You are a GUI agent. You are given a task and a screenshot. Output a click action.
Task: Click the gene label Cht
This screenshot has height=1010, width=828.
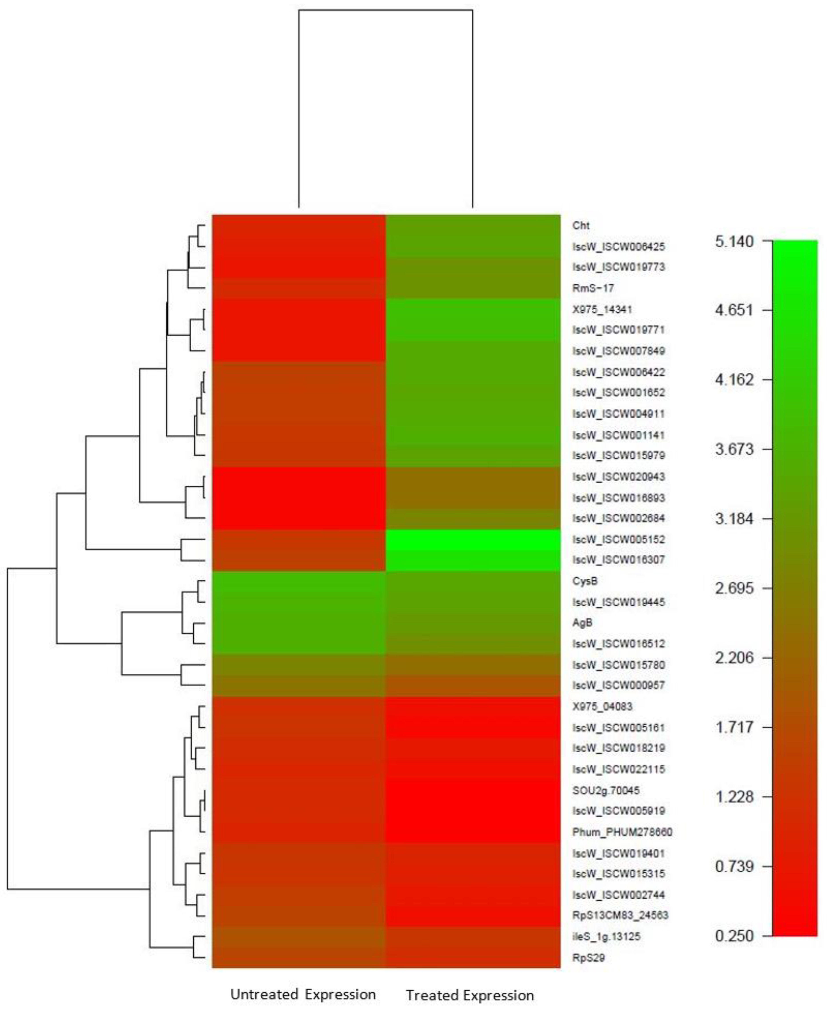click(581, 226)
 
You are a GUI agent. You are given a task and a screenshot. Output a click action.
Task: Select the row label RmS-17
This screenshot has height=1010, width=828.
click(593, 288)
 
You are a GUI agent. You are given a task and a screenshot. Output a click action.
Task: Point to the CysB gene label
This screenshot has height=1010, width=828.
click(585, 581)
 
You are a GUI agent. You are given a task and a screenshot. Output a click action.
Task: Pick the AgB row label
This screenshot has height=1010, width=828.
click(582, 623)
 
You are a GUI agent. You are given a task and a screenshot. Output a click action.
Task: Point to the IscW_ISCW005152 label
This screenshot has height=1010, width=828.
click(618, 540)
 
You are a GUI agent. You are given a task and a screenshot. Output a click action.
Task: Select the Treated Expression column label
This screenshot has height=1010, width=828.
click(470, 996)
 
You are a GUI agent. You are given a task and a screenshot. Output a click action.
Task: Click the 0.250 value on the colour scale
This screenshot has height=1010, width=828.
click(734, 936)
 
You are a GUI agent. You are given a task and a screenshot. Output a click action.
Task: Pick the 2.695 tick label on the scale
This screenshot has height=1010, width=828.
click(734, 588)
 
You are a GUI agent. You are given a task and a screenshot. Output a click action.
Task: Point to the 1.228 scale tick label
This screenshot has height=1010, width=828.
click(734, 797)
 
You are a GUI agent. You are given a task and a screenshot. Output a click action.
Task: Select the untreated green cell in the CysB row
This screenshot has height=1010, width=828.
click(299, 581)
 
